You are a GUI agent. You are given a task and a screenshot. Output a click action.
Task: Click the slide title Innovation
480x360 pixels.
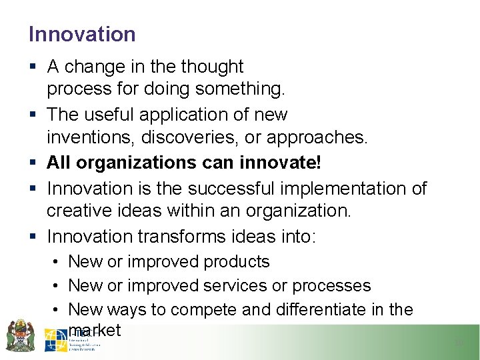point(82,34)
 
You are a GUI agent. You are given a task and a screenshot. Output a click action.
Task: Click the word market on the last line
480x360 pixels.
point(95,329)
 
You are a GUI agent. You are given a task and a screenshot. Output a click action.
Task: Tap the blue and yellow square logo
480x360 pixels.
point(55,340)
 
